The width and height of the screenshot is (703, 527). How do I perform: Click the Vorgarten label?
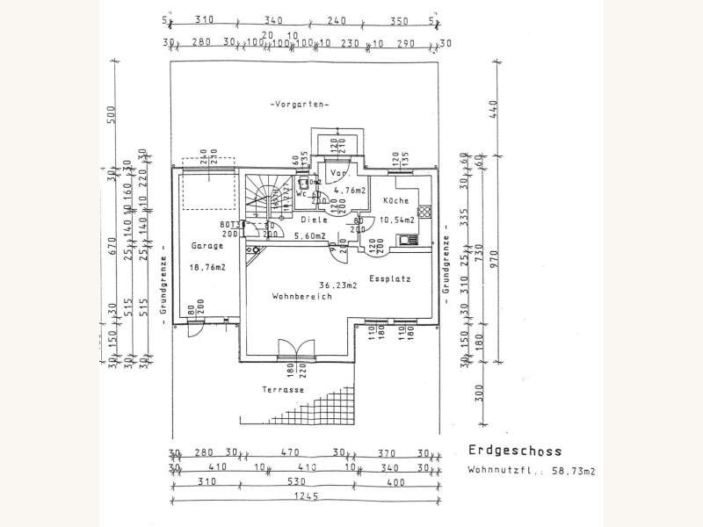point(301,105)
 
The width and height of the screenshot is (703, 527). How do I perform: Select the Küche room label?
point(395,201)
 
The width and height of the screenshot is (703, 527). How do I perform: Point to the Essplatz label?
point(388,279)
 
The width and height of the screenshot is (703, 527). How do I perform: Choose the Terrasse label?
point(282,389)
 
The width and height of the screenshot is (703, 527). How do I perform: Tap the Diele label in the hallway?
point(313,220)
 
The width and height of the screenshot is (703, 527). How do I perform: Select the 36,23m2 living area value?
point(338,285)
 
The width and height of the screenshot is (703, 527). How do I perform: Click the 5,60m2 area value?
point(309,236)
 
